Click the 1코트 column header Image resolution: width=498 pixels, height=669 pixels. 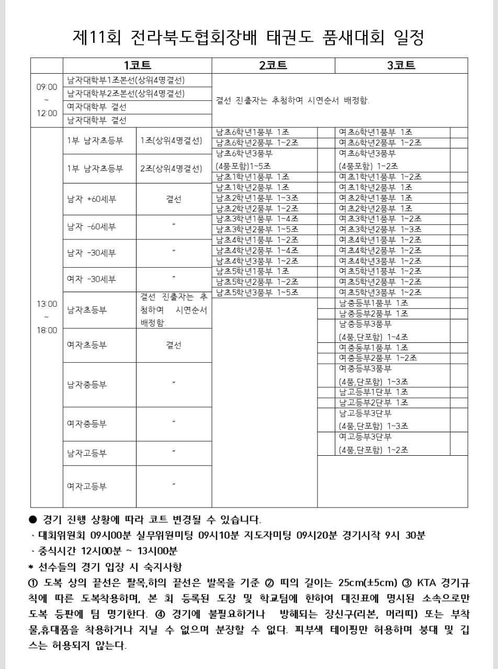tap(137, 65)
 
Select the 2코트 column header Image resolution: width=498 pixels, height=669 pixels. tap(273, 65)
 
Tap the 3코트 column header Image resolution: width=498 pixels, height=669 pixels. tap(401, 65)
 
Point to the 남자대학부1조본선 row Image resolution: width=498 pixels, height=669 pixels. tap(126, 80)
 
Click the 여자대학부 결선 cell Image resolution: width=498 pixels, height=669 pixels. tap(97, 107)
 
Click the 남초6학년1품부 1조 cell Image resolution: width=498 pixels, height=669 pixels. tap(252, 132)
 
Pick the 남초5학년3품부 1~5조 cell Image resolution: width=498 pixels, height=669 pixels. tap(257, 292)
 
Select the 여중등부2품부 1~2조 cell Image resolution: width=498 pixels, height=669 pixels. tap(378, 358)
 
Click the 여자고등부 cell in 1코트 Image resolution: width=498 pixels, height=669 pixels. tap(87, 486)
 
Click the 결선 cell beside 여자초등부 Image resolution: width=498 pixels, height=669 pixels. tap(174, 345)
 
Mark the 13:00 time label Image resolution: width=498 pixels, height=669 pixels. tap(47, 304)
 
